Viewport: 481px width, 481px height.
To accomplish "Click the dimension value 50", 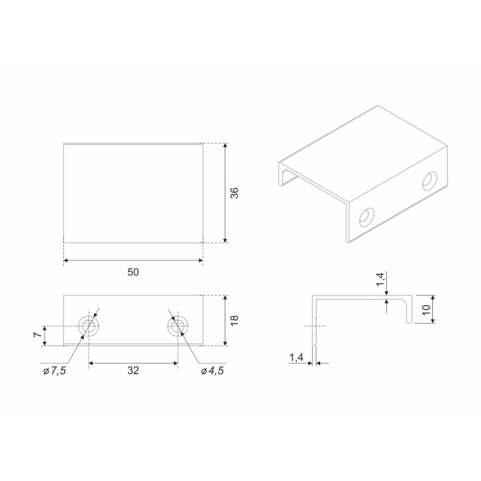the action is tap(133, 272).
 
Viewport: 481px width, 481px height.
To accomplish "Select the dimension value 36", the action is tap(234, 193).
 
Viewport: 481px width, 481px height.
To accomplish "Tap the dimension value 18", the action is tap(234, 320).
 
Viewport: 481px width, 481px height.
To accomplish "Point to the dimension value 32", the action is tap(133, 370).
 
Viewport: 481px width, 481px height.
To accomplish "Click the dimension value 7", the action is tap(37, 335).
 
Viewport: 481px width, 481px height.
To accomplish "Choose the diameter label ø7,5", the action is tap(54, 371).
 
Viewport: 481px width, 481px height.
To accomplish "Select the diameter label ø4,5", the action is tap(212, 371).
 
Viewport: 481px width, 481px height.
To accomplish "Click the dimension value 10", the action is tap(427, 310).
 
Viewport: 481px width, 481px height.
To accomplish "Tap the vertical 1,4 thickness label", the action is tap(381, 280).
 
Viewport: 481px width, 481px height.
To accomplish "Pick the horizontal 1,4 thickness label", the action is tap(296, 357).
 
